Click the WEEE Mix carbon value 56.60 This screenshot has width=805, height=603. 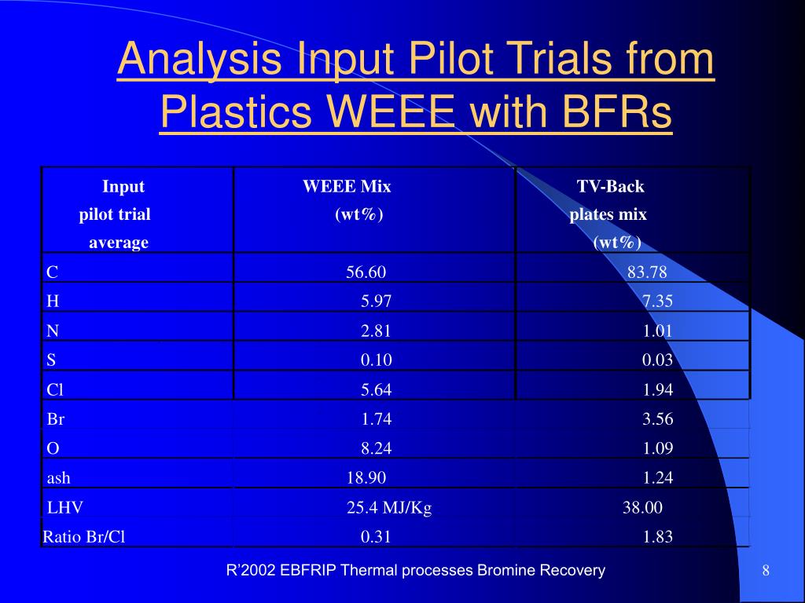pyautogui.click(x=366, y=272)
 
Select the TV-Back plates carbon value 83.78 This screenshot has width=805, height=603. pyautogui.click(x=647, y=272)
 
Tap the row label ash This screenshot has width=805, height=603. pyautogui.click(x=58, y=478)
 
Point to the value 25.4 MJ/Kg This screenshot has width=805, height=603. pyautogui.click(x=389, y=508)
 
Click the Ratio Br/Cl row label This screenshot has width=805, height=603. pyautogui.click(x=83, y=537)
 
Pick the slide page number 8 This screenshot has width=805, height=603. pyautogui.click(x=766, y=570)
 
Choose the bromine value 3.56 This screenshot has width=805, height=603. pyautogui.click(x=657, y=419)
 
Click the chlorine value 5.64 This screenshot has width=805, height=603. pyautogui.click(x=377, y=390)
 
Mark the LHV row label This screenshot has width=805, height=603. pyautogui.click(x=64, y=508)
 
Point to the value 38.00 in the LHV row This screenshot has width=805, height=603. pyautogui.click(x=642, y=508)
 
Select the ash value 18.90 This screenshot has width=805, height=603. pyautogui.click(x=366, y=478)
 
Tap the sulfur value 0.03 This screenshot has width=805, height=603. pyautogui.click(x=657, y=360)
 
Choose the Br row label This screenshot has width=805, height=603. pyautogui.click(x=56, y=419)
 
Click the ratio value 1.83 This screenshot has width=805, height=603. pyautogui.click(x=658, y=537)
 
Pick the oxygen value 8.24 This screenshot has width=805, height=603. pyautogui.click(x=377, y=448)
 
